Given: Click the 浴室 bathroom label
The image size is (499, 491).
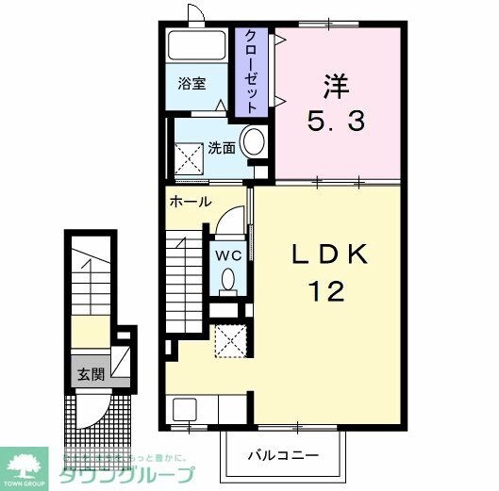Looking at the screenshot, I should pos(191,83).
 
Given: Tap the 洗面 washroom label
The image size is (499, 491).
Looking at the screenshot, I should pos(222,148).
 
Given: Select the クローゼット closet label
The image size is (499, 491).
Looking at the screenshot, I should pos(252,72).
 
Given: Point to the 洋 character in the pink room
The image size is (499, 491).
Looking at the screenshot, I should pos(336,87).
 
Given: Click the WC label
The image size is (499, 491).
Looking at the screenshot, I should pos(228,254).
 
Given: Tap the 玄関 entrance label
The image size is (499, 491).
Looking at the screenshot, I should pos(90,373).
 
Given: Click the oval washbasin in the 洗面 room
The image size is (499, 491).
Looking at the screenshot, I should pos(252,143).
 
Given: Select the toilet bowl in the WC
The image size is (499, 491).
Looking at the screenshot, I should pos(229,280).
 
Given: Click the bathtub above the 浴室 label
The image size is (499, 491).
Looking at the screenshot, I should pos(195,46).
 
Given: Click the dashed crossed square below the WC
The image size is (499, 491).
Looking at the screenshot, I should pos(228,339).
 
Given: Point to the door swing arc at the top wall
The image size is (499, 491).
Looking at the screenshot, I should pos(196,13).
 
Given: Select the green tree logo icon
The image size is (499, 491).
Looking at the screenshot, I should pos(28,462).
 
